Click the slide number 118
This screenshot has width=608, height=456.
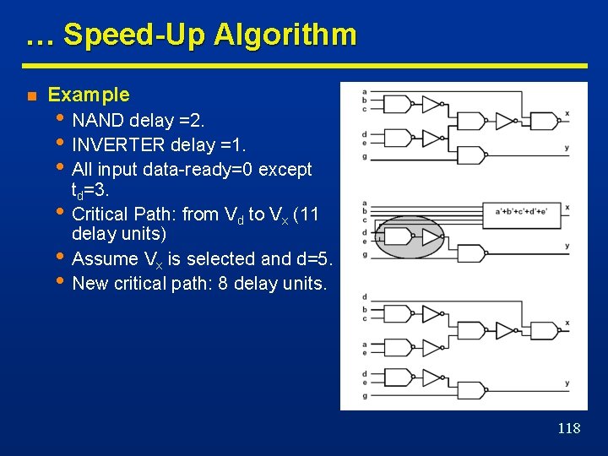tap(569, 428)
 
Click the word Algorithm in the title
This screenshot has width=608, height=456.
tap(285, 35)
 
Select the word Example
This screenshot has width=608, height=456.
tap(89, 95)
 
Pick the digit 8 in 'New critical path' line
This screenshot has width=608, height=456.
tap(222, 284)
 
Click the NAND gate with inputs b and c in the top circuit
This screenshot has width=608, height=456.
tap(396, 104)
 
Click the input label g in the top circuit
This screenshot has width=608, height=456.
tap(364, 156)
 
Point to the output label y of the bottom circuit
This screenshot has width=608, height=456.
tap(567, 383)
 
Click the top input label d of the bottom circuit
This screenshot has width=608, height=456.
tap(364, 297)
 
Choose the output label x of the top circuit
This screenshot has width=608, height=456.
tap(567, 113)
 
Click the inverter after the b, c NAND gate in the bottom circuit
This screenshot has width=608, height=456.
tap(432, 314)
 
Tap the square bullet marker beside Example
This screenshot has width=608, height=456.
tap(30, 95)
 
